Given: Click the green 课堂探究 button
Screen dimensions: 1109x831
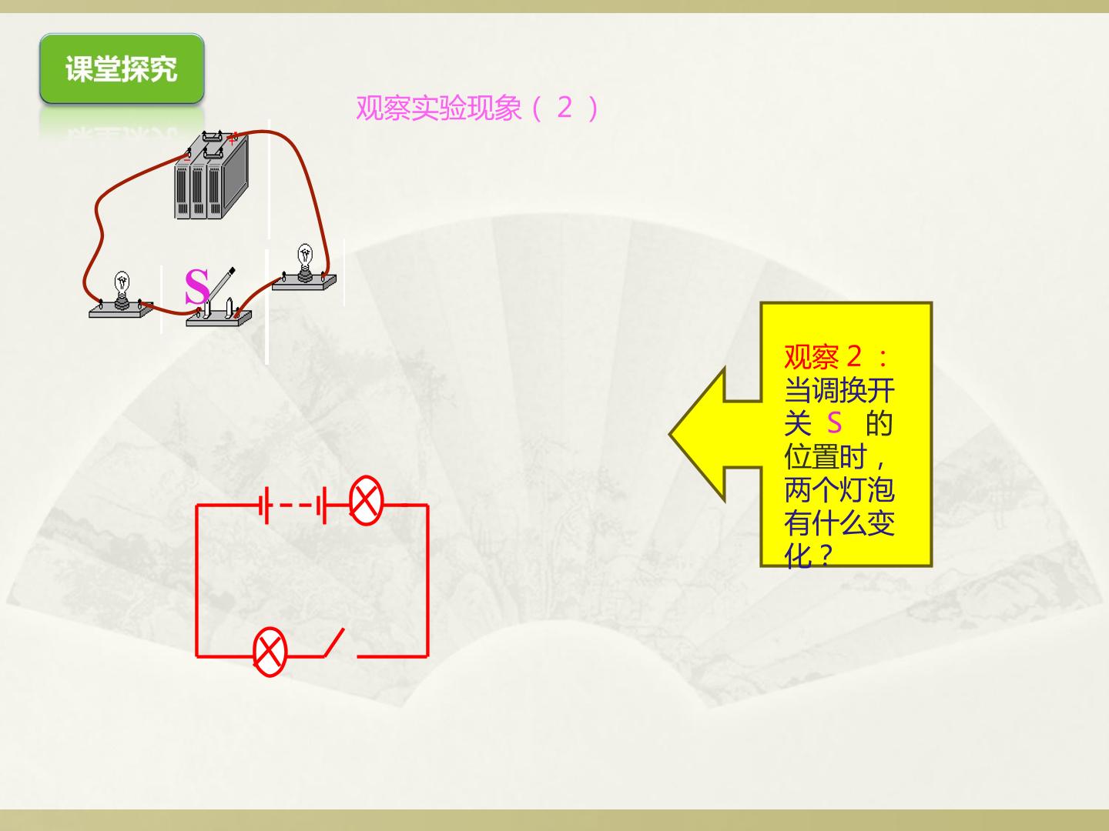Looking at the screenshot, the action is click(x=122, y=68).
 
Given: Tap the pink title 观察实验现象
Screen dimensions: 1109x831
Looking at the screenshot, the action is click(x=438, y=108).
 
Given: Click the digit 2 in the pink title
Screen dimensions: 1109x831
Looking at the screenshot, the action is click(x=565, y=108).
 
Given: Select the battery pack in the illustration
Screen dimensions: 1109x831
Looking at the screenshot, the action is click(x=211, y=175).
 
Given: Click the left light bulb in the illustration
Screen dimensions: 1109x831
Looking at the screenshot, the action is click(x=122, y=290).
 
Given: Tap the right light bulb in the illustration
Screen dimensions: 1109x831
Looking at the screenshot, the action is click(x=305, y=262).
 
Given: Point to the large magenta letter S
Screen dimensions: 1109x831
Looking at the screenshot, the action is click(x=197, y=286).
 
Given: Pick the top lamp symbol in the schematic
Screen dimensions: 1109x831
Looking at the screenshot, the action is click(x=367, y=500).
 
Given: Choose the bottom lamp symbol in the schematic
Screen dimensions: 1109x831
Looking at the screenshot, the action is click(x=270, y=652).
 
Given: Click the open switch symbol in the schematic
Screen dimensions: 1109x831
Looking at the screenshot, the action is click(x=334, y=642).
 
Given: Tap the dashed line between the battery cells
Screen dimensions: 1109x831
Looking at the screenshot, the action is click(x=296, y=505).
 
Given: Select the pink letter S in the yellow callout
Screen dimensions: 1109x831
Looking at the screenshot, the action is click(x=834, y=423).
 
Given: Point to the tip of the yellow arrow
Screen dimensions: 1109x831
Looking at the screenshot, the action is click(x=669, y=434).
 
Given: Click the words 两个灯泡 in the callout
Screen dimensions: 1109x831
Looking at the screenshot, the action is click(x=839, y=490).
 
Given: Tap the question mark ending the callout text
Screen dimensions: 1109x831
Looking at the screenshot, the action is click(x=823, y=556).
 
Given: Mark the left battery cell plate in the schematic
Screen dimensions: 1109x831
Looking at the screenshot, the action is click(x=266, y=505).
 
